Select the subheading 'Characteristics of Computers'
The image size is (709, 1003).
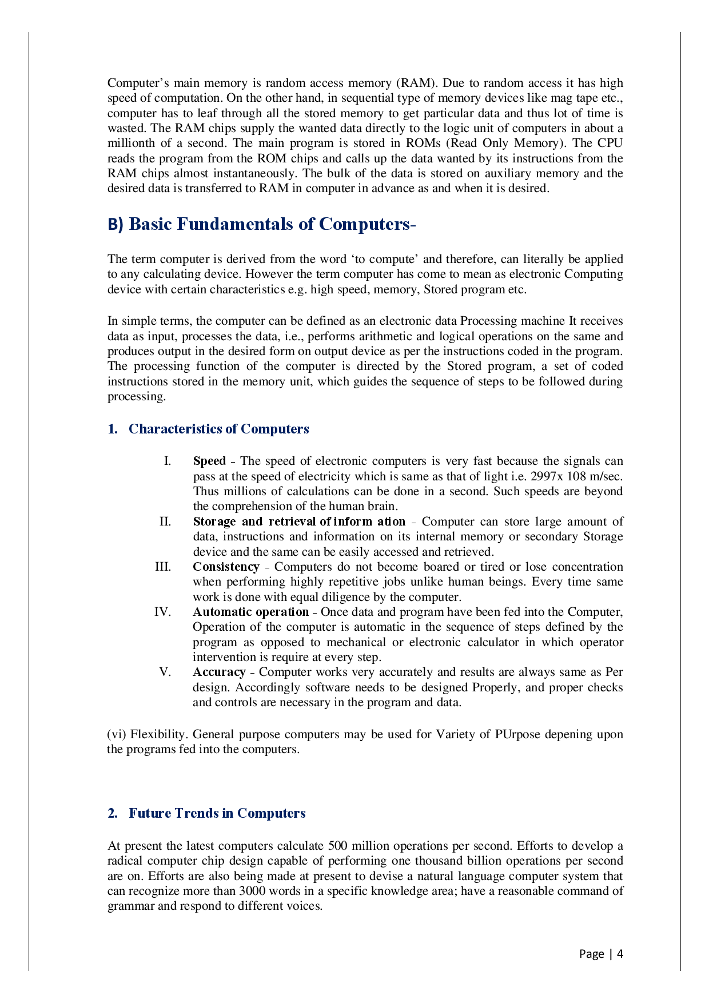pyautogui.click(x=218, y=429)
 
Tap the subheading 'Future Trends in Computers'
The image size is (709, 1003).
pyautogui.click(x=217, y=813)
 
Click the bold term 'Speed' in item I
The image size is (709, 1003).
pyautogui.click(x=209, y=461)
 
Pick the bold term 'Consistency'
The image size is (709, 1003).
pyautogui.click(x=226, y=567)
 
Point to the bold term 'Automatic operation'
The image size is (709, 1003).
pyautogui.click(x=250, y=612)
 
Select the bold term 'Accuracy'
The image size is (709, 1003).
pyautogui.click(x=219, y=672)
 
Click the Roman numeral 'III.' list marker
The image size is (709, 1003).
pyautogui.click(x=163, y=567)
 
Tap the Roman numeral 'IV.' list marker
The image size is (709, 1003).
pyautogui.click(x=162, y=612)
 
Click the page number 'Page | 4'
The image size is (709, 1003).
pyautogui.click(x=600, y=954)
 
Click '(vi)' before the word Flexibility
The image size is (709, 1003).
pyautogui.click(x=117, y=734)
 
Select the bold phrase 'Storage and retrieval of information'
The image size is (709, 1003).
pyautogui.click(x=299, y=522)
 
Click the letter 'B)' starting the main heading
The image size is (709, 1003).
pyautogui.click(x=115, y=224)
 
